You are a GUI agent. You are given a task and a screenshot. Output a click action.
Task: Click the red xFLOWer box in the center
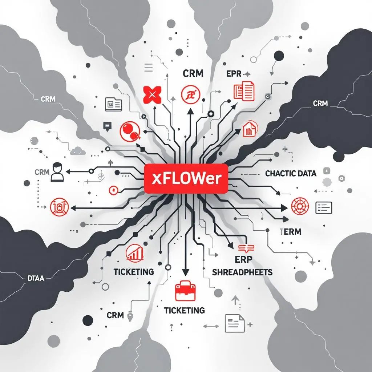pos(186,178)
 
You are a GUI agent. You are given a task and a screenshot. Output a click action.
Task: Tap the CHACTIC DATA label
pos(291,174)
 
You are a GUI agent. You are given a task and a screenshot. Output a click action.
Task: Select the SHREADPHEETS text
pos(242,272)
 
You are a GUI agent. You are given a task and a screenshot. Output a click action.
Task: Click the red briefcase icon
pos(185,291)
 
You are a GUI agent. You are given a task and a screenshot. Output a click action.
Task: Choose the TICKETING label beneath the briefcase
pos(184,311)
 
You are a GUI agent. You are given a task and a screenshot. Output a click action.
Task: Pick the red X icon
pos(152,95)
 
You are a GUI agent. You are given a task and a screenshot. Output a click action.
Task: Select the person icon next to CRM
pos(57,172)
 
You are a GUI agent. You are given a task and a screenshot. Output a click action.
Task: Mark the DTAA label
pos(36,279)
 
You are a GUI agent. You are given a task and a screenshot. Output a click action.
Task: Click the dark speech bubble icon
pos(107,126)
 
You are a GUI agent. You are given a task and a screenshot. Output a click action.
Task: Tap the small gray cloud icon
pos(78,150)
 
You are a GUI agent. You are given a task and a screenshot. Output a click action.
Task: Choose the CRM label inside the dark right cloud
pos(320,104)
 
